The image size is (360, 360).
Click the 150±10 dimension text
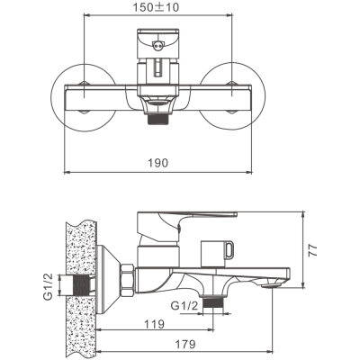156,6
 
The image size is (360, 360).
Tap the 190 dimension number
158,163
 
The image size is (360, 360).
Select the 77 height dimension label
312,249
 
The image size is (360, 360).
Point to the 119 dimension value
155,324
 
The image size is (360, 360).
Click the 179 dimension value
185,344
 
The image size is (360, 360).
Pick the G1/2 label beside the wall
48,286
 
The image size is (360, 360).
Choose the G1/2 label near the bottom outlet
184,306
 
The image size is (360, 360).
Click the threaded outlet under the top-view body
158,119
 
